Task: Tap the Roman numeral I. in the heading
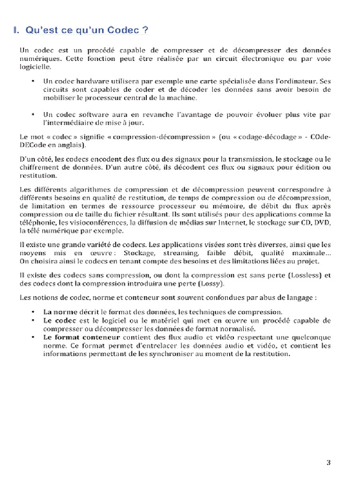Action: point(16,31)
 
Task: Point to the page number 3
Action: point(328,463)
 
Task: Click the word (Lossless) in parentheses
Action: point(303,275)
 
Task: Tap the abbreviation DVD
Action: point(322,223)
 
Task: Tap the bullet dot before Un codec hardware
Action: point(33,81)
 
